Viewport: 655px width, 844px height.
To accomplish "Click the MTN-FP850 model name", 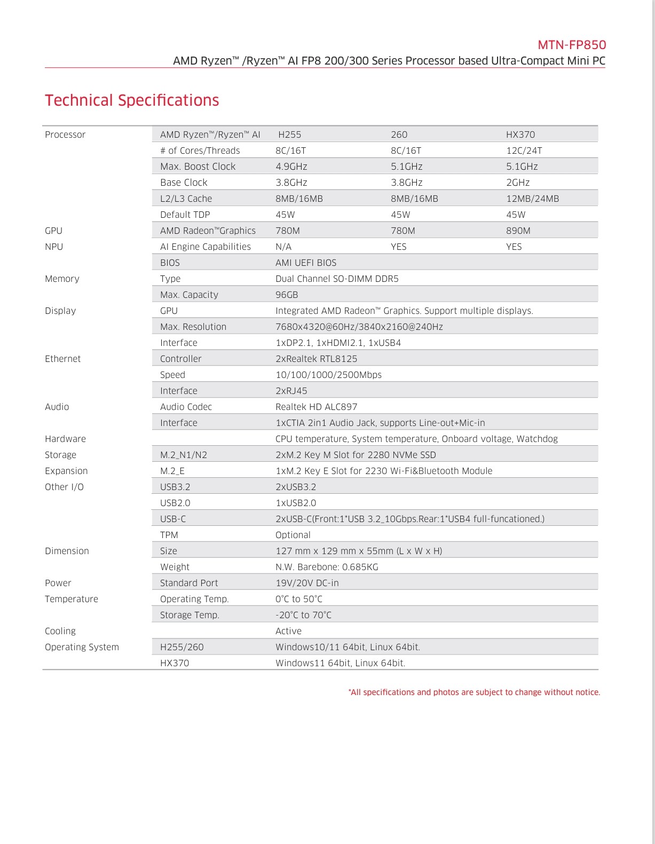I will click(x=571, y=45).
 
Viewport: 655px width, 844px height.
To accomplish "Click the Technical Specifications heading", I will click(x=132, y=100).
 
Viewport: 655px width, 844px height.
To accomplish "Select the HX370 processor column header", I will click(x=520, y=135).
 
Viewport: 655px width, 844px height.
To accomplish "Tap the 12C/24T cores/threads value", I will click(x=524, y=151).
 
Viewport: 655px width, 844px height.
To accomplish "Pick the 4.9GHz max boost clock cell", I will click(x=291, y=167).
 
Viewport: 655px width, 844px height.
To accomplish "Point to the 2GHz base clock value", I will click(x=518, y=183).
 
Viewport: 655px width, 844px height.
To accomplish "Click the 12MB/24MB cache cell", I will click(x=532, y=199).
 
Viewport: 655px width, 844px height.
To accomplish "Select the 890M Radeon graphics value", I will click(x=518, y=231).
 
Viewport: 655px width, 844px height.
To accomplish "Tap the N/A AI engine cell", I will click(x=283, y=247).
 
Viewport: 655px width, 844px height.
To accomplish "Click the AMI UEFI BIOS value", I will click(x=306, y=263).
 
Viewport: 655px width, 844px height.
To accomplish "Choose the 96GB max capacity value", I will click(x=287, y=295).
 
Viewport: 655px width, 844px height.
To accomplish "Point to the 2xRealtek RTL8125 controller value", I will click(x=316, y=359).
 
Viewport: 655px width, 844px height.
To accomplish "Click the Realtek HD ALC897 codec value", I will click(x=316, y=407).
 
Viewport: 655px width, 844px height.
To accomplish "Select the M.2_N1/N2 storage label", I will click(x=184, y=455).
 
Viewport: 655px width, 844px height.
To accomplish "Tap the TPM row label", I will click(x=169, y=535).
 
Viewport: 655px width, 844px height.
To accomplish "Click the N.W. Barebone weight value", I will click(x=327, y=567).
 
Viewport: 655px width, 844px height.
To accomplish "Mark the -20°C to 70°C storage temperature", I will click(x=303, y=615).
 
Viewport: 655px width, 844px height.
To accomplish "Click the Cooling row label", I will click(x=60, y=631).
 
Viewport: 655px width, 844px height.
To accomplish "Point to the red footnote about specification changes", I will click(x=474, y=692).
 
